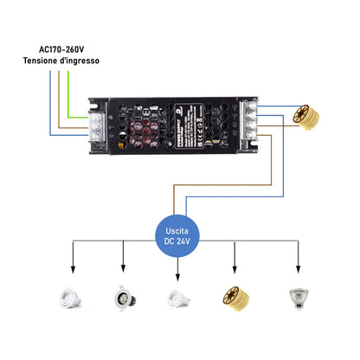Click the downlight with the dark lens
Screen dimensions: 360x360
click(122, 299)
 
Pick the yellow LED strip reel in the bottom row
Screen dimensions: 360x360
click(237, 299)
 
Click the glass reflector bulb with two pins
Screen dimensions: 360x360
click(299, 299)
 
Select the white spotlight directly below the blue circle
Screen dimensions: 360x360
click(178, 299)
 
